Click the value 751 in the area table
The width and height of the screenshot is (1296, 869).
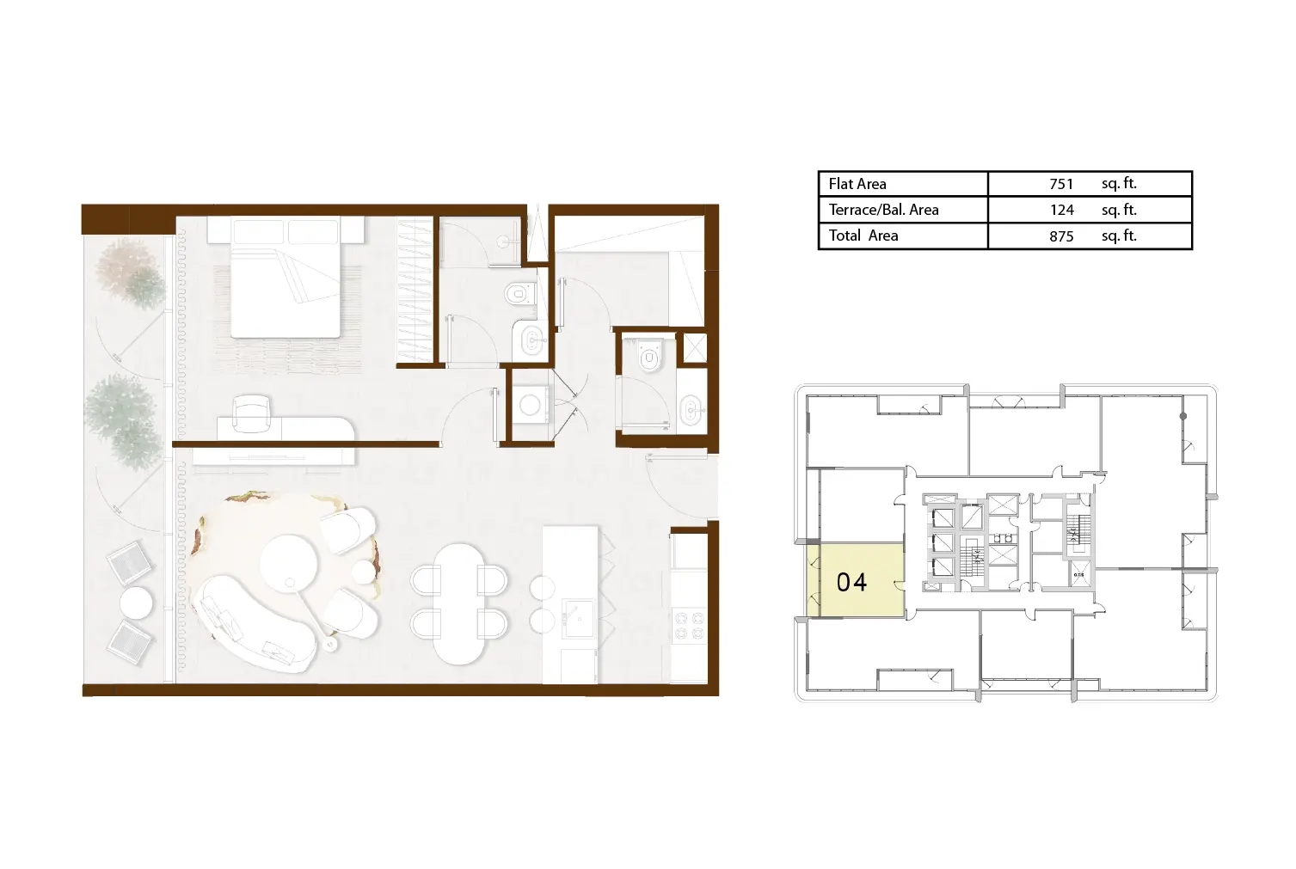pos(1061,184)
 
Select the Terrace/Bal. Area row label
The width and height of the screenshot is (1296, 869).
pos(883,210)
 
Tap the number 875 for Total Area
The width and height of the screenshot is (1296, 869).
pos(1061,236)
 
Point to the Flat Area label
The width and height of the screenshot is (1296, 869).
pos(857,184)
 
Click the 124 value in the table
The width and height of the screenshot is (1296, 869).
pos(1062,210)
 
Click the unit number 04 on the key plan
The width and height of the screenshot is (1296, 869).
pos(851,582)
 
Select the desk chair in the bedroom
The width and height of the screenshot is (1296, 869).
pos(252,413)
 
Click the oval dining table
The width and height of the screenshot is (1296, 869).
pos(459,603)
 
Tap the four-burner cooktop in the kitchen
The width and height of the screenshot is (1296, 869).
pos(689,624)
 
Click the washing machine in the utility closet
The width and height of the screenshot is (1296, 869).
pos(530,405)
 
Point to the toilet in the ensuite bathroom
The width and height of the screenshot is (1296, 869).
pos(518,294)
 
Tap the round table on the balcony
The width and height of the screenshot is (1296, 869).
pos(137,603)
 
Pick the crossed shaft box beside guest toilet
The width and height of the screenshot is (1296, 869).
pos(695,348)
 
